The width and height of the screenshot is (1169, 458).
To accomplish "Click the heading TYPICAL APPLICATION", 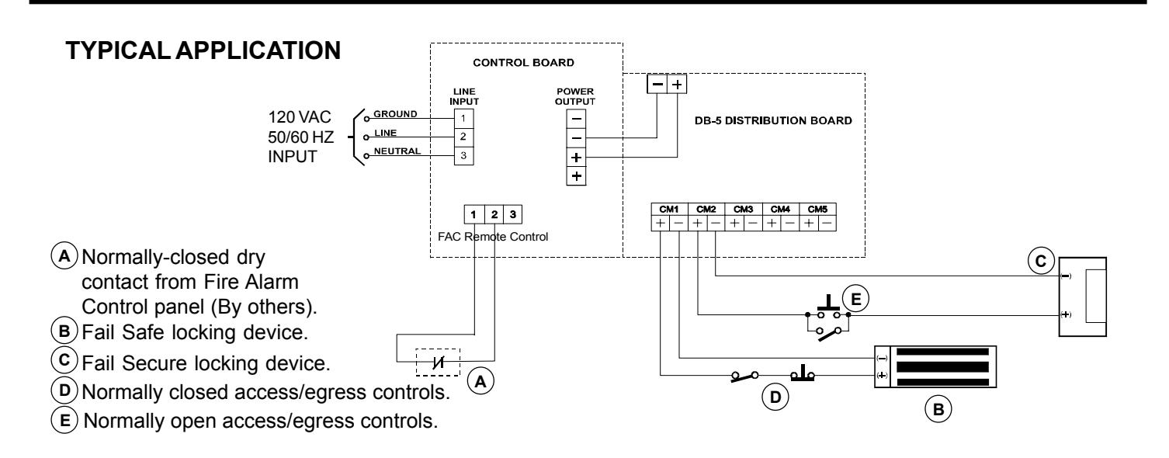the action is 203,50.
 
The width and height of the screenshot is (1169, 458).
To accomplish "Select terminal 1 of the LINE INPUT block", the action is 463,119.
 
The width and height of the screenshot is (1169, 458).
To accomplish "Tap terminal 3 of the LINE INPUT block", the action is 463,156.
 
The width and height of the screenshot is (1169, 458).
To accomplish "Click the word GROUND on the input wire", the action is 395,113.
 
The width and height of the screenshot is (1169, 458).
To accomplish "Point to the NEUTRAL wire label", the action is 397,151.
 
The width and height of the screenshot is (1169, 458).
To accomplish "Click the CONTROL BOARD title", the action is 523,63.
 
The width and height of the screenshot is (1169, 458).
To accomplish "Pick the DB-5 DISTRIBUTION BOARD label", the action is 773,120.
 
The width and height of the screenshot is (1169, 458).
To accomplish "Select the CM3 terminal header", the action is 743,209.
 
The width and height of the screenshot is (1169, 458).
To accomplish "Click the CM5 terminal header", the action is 817,209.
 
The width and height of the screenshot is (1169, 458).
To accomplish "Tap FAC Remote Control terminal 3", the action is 513,214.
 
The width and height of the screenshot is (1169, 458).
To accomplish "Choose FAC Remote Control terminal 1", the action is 473,214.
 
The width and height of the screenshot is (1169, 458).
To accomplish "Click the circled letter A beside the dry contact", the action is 480,381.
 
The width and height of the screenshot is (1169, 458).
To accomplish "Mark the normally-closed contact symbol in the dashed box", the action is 439,362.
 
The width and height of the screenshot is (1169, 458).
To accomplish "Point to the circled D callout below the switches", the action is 775,397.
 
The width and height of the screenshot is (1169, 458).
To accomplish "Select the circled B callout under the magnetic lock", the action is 938,409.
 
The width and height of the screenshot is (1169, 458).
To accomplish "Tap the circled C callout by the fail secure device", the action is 1041,261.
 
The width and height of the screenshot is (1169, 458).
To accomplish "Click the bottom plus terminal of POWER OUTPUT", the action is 576,176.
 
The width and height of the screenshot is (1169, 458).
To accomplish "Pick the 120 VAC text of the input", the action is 299,117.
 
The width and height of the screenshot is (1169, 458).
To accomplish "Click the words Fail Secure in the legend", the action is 134,363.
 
